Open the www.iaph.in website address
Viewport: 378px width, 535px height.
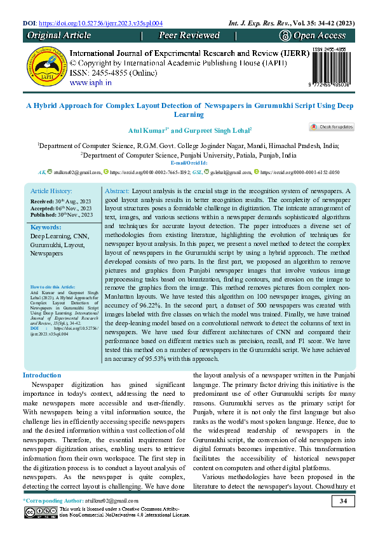tap(91, 83)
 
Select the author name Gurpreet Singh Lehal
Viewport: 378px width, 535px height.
tap(209, 130)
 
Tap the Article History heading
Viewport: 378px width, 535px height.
tap(52, 191)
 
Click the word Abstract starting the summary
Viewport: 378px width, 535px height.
tap(116, 191)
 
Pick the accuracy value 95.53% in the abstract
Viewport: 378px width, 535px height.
tap(155, 358)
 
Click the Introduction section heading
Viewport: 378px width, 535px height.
tap(42, 375)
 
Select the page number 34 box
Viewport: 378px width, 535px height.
tap(342, 503)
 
